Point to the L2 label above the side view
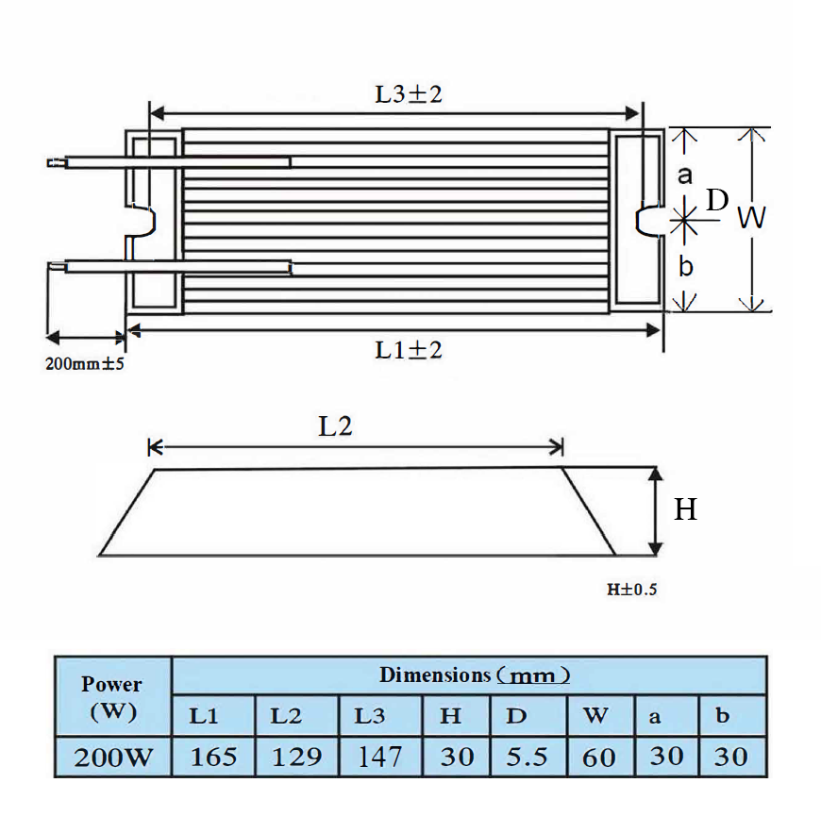[x=335, y=425]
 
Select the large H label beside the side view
[x=685, y=509]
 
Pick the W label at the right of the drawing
[x=751, y=219]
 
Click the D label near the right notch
[x=717, y=200]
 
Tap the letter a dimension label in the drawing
[x=686, y=175]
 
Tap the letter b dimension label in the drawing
[x=686, y=266]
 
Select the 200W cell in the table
[x=112, y=757]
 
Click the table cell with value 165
[x=214, y=757]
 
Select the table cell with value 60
[x=598, y=757]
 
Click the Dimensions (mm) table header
[x=475, y=675]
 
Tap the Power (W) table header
[x=112, y=697]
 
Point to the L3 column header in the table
[x=370, y=716]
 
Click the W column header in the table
[x=595, y=716]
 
